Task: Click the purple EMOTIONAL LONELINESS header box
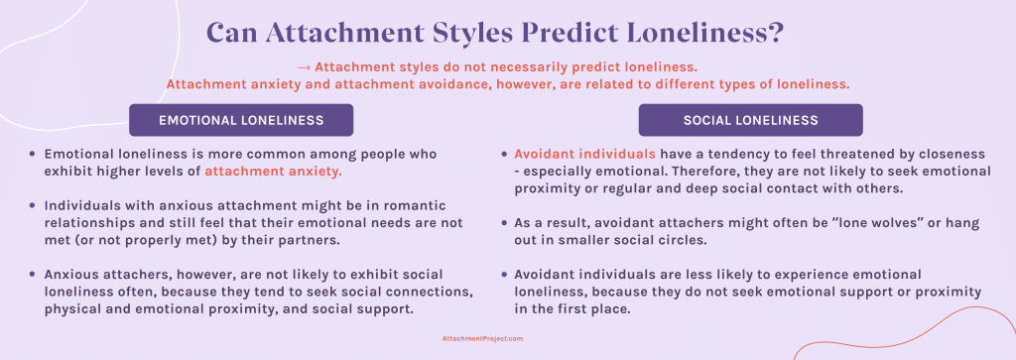(241, 120)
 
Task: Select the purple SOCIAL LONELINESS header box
(750, 120)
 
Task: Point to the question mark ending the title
(775, 33)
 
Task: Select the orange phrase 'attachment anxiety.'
(274, 172)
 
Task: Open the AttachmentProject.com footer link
(482, 338)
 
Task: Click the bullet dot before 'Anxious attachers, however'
(33, 274)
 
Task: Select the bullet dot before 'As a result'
(503, 223)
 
